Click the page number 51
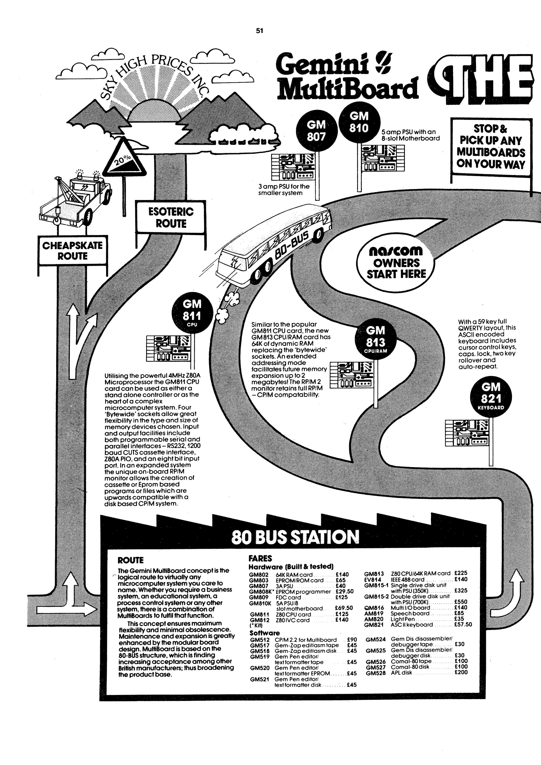[x=259, y=31]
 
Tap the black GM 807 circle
[x=316, y=130]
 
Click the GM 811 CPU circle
[x=192, y=311]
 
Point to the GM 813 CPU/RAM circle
[x=375, y=337]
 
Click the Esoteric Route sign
[x=171, y=217]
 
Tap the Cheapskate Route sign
[x=72, y=250]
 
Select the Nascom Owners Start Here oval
[x=396, y=263]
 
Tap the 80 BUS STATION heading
[x=295, y=537]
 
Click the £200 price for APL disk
[x=461, y=672]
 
